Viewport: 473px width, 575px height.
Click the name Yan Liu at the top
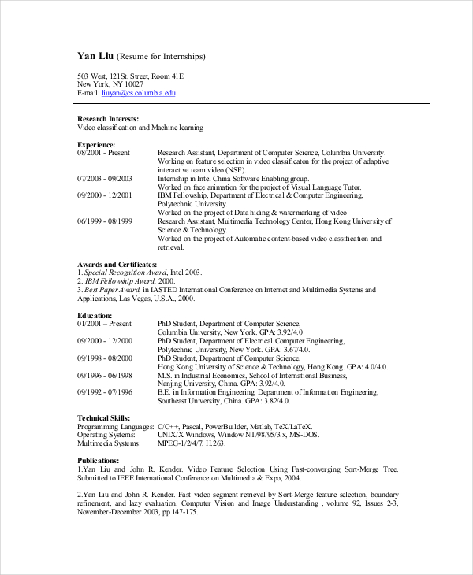click(95, 56)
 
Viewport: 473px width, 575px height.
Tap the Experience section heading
click(96, 145)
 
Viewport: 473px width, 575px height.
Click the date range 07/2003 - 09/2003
click(105, 179)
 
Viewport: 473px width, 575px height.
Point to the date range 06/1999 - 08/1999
click(105, 221)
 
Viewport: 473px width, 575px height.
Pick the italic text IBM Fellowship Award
click(120, 281)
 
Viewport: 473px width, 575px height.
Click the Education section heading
click(95, 315)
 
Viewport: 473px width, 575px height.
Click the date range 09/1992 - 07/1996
click(105, 391)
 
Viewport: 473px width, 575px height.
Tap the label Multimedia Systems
click(109, 443)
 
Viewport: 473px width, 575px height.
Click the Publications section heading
click(98, 460)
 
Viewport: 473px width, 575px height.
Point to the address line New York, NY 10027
click(110, 84)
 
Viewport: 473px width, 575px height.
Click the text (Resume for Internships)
click(161, 57)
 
